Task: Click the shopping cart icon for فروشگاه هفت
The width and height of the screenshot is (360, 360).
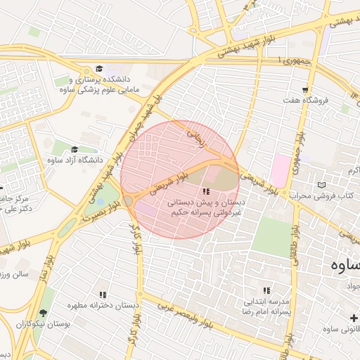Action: pyautogui.click(x=305, y=89)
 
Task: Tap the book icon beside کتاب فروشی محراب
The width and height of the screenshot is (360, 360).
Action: pyautogui.click(x=322, y=185)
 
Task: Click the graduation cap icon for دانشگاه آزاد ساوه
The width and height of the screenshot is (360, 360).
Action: pyautogui.click(x=75, y=149)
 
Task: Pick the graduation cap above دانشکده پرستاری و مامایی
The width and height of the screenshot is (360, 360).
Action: pyautogui.click(x=99, y=69)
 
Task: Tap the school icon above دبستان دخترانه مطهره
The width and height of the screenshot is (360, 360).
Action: pyautogui.click(x=103, y=295)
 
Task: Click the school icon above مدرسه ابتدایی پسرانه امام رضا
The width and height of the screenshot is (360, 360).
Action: pyautogui.click(x=266, y=290)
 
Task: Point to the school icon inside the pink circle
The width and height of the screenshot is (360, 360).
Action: pyautogui.click(x=206, y=192)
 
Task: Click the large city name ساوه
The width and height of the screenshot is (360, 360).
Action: pyautogui.click(x=345, y=266)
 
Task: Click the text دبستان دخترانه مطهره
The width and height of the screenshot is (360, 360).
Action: pyautogui.click(x=103, y=307)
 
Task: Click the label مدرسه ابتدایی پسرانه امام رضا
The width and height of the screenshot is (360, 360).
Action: pyautogui.click(x=266, y=305)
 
